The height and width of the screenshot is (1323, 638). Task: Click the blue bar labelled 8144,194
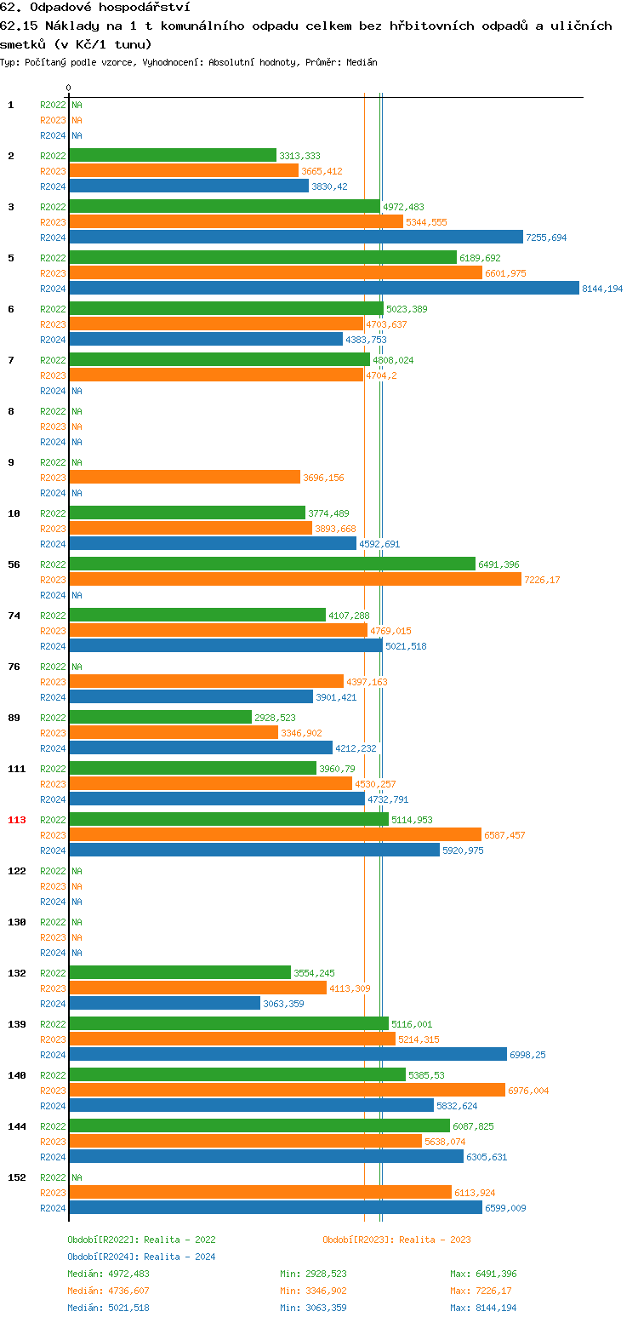[323, 289]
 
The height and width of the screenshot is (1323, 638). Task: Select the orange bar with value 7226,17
[294, 580]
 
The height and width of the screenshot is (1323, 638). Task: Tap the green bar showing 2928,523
[160, 718]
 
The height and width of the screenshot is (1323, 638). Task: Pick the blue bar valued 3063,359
[164, 1004]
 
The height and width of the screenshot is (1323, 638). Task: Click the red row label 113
[17, 820]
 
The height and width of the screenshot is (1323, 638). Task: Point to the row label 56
[14, 564]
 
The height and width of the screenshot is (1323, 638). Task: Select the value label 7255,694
[546, 238]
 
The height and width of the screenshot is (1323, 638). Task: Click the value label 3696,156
[323, 478]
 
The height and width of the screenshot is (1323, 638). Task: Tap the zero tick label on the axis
[69, 88]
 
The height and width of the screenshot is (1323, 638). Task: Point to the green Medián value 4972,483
[128, 1274]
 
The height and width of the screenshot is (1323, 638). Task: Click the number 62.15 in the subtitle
[19, 26]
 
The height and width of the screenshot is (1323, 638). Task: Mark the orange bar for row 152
[259, 1193]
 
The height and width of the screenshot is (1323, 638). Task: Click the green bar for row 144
[259, 1126]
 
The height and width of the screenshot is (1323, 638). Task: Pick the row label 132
[17, 973]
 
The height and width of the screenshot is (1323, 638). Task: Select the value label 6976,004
[528, 1091]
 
